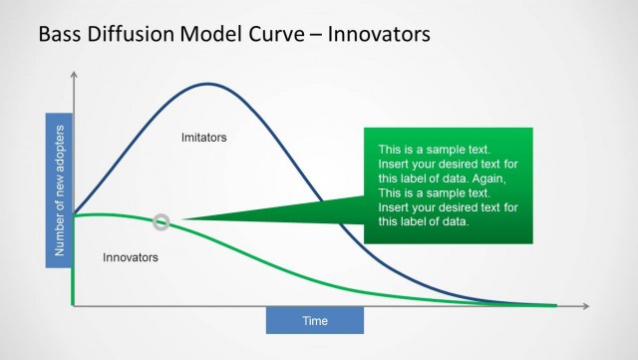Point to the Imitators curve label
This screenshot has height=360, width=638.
[203, 137]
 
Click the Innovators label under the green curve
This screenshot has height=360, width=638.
[131, 257]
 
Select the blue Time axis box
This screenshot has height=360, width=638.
[315, 320]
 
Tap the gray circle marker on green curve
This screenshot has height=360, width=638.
[161, 221]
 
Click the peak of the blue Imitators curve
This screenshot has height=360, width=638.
[208, 83]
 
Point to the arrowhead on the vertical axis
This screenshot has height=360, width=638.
[73, 75]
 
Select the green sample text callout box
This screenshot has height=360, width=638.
[449, 185]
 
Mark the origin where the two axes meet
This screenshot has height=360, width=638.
[73, 305]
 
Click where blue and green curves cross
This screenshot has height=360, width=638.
[73, 214]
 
